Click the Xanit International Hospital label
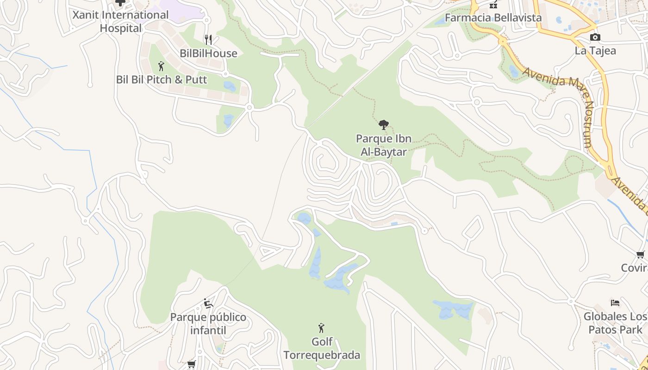click(x=120, y=21)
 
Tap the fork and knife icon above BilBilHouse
click(x=208, y=40)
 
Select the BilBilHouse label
click(x=208, y=53)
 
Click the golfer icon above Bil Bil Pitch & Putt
click(x=161, y=66)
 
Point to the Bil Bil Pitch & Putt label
click(x=162, y=80)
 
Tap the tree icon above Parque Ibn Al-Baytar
click(x=383, y=124)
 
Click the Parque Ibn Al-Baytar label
click(x=383, y=145)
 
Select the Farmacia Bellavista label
click(x=493, y=18)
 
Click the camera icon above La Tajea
click(x=595, y=37)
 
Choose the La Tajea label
click(x=595, y=50)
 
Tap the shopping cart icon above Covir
click(x=641, y=254)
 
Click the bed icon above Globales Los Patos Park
click(x=615, y=303)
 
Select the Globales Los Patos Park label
click(x=615, y=323)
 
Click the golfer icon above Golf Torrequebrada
click(x=321, y=328)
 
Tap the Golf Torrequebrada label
click(x=322, y=348)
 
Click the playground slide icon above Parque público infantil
click(x=208, y=303)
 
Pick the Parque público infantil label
click(x=208, y=324)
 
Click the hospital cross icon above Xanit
click(x=120, y=3)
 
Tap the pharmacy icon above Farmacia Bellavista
click(x=493, y=4)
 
